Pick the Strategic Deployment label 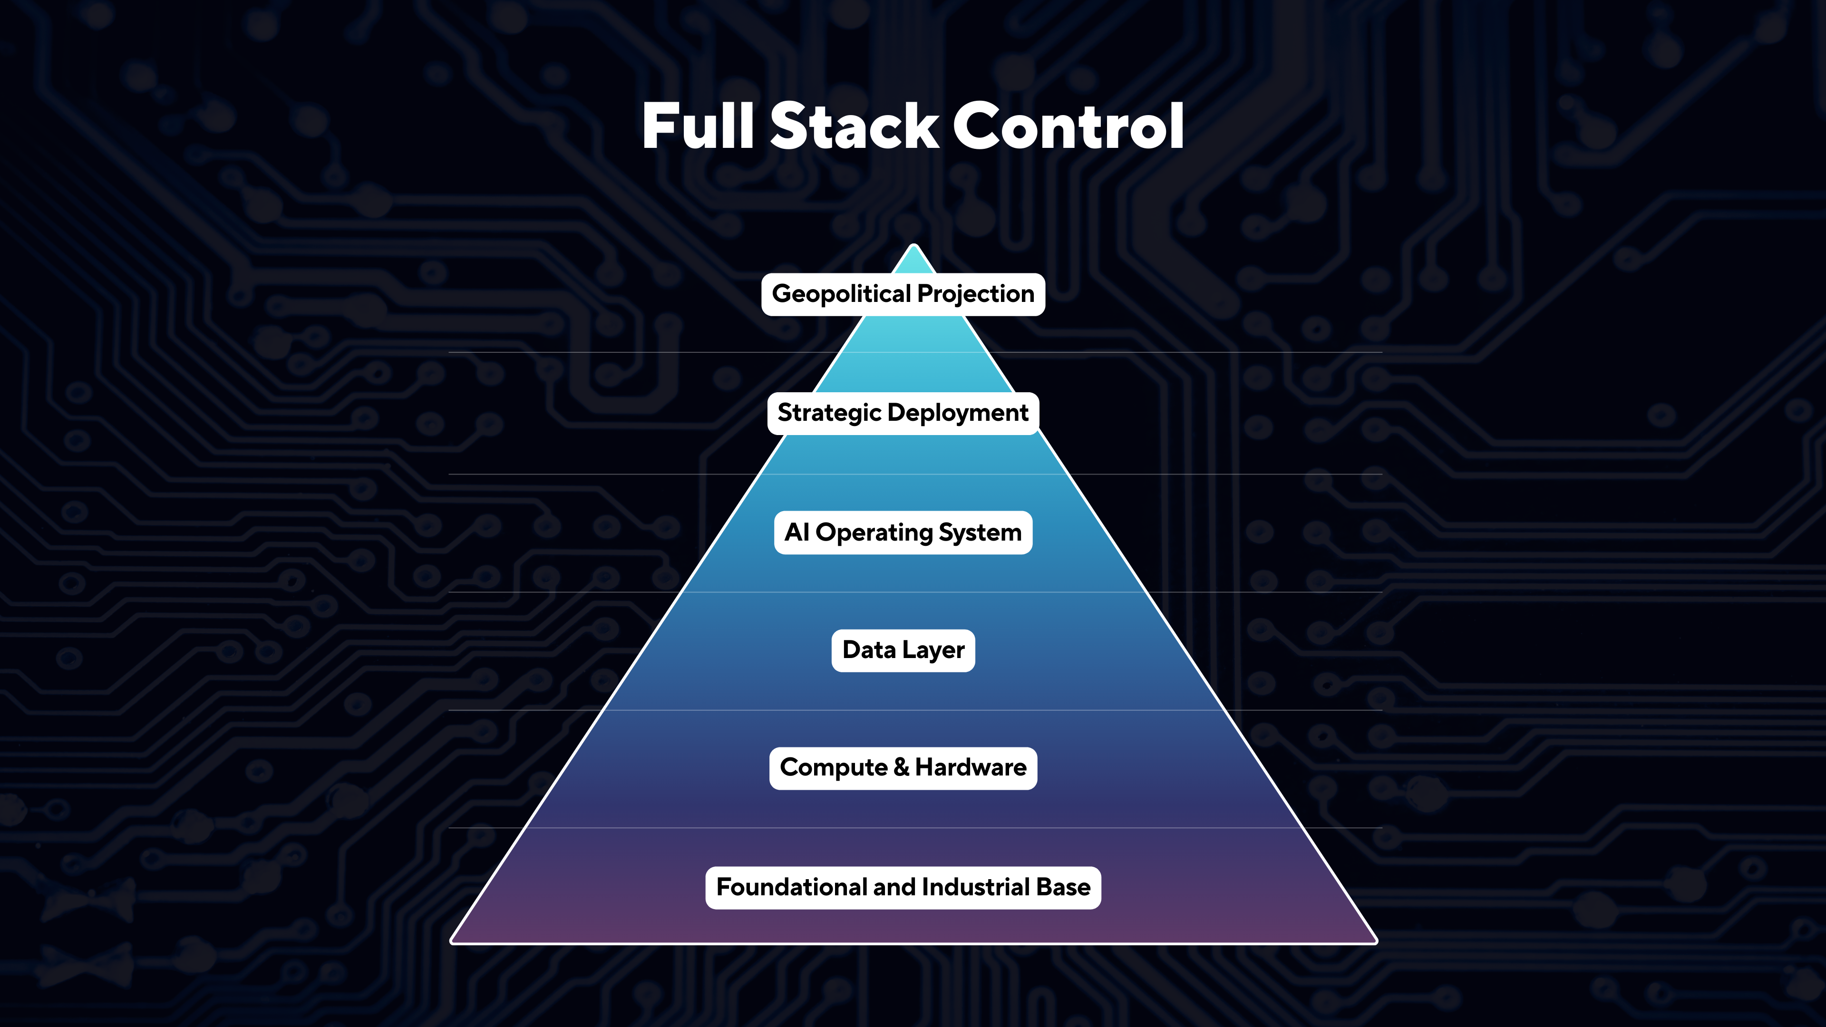click(903, 413)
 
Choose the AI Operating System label click(903, 533)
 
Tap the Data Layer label click(903, 650)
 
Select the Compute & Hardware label click(903, 767)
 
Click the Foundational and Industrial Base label click(903, 887)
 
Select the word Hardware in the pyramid click(971, 767)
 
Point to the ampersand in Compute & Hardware click(901, 767)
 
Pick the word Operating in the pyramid click(874, 533)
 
